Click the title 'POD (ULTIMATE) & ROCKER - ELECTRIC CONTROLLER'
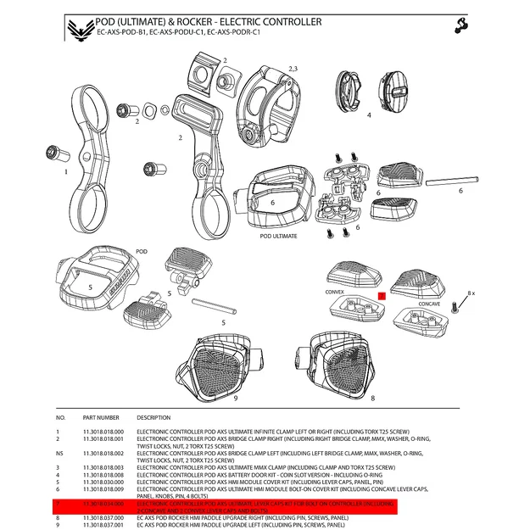pos(209,20)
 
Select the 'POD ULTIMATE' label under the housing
pos(280,237)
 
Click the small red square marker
pos(382,297)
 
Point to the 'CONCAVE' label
pos(428,302)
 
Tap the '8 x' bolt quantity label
pos(472,293)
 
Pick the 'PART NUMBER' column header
pos(101,418)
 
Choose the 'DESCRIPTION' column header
pos(153,418)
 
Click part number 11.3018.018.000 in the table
pos(103,432)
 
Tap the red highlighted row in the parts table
pos(254,507)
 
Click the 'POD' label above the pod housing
pos(142,252)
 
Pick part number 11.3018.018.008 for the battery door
pos(103,475)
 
